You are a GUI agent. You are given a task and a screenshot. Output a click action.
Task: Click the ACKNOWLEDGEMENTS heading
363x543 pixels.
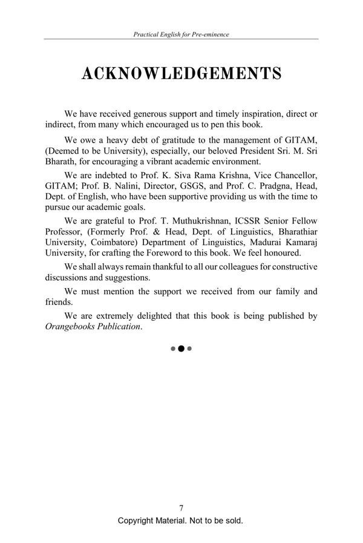pyautogui.click(x=181, y=74)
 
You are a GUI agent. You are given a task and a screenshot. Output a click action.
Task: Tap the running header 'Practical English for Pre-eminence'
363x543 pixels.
pyautogui.click(x=181, y=34)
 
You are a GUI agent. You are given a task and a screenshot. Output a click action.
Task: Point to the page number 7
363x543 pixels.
pyautogui.click(x=181, y=508)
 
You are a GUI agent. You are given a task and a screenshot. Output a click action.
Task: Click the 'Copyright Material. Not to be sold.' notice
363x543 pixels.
pyautogui.click(x=181, y=521)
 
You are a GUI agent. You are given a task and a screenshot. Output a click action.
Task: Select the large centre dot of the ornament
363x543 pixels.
pyautogui.click(x=181, y=349)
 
